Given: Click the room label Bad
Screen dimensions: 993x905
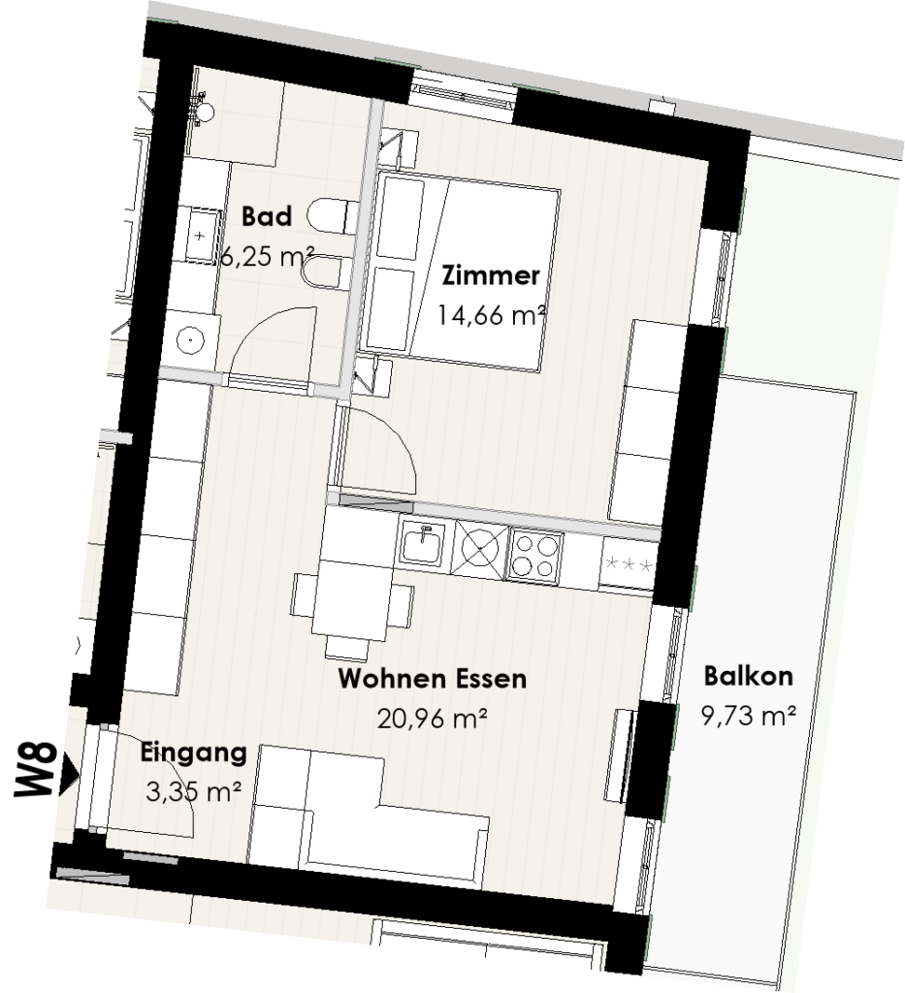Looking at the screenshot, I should click(266, 215).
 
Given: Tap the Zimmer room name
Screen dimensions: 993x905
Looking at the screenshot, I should click(490, 276).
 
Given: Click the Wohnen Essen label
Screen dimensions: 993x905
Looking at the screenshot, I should click(432, 678).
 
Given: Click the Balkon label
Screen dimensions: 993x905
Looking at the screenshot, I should click(749, 675).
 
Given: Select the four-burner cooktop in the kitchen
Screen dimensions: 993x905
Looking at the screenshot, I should click(535, 556).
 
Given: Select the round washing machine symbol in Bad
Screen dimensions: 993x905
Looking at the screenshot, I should click(191, 339).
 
